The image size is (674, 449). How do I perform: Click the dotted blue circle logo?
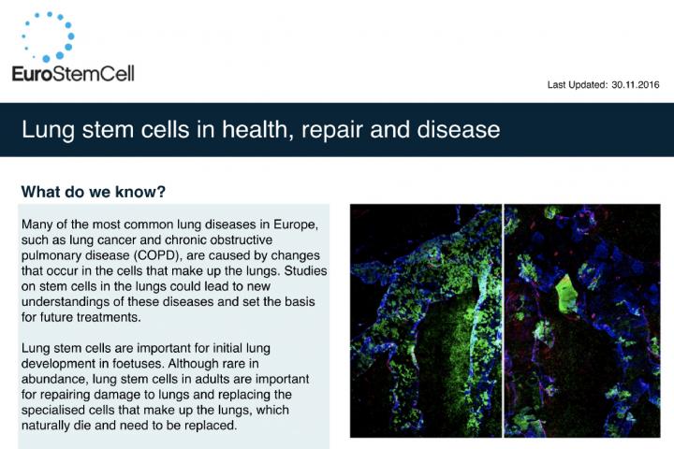pyautogui.click(x=48, y=36)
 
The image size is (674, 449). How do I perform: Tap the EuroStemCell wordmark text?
pyautogui.click(x=73, y=74)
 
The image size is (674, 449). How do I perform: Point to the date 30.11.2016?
pyautogui.click(x=636, y=85)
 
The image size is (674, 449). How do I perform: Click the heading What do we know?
pyautogui.click(x=94, y=192)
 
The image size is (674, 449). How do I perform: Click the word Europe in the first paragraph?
pyautogui.click(x=298, y=224)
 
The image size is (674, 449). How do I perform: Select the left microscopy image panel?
pyautogui.click(x=426, y=321)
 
